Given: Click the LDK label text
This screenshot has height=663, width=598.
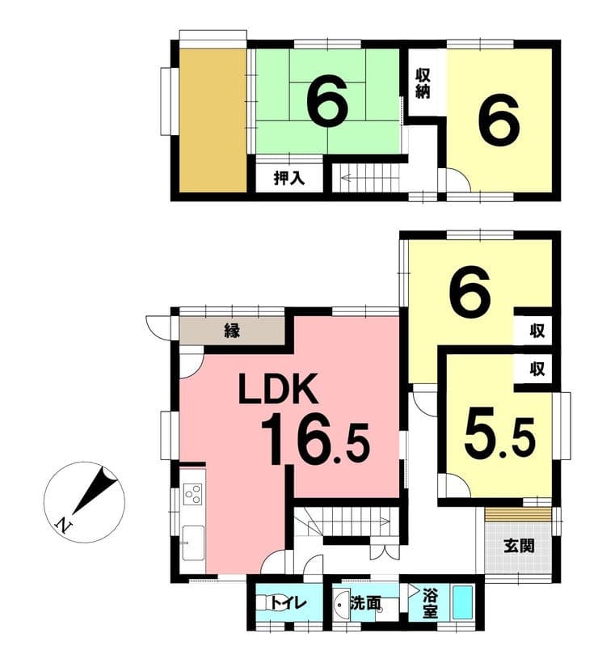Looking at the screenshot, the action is tap(278, 389).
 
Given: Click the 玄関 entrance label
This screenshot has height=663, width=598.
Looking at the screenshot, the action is tap(519, 546).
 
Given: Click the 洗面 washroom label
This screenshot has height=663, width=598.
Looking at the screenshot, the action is tap(365, 603).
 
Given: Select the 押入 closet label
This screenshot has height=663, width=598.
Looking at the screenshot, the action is tap(289, 178).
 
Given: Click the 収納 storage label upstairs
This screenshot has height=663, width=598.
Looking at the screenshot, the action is tap(423, 83).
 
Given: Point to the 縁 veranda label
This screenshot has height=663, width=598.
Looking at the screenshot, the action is tap(232, 330).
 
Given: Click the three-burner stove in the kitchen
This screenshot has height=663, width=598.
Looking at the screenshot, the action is tap(193, 494).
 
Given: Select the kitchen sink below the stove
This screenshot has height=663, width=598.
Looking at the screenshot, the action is tap(192, 543).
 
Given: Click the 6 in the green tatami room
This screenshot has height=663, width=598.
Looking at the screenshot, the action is tap(327, 99).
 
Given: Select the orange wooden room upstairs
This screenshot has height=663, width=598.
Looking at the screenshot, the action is tap(213, 120).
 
